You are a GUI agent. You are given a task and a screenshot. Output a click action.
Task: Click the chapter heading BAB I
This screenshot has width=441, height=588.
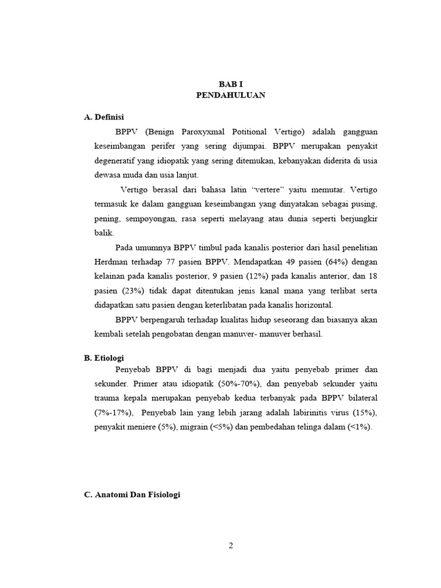[x=231, y=84]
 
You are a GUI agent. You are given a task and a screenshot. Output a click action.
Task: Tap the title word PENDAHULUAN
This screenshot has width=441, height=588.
[x=231, y=95]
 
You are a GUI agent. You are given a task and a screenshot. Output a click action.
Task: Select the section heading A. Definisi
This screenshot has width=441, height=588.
[x=104, y=117]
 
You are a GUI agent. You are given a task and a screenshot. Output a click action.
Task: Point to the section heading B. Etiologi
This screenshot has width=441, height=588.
[x=104, y=357]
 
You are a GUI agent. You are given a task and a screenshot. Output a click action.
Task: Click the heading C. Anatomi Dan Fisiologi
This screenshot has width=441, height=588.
[x=132, y=494]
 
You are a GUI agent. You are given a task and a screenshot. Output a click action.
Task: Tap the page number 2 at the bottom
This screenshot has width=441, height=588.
[x=231, y=546]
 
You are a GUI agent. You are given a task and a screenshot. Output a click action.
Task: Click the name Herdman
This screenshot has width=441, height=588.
[x=111, y=261]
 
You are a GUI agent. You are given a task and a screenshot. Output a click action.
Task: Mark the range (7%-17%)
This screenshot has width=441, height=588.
[x=114, y=413]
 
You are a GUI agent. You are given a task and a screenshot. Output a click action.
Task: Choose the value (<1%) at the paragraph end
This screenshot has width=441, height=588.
[x=359, y=427]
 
